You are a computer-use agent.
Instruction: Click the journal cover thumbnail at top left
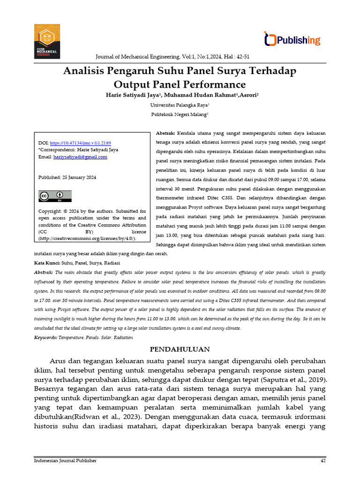46,41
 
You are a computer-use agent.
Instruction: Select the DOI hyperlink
80,142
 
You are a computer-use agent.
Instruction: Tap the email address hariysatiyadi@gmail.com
80,157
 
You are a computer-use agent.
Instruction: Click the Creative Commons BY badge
55,196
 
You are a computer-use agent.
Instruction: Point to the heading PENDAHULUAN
180,349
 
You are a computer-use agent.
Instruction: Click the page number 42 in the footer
322,460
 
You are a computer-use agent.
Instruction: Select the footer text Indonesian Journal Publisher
66,460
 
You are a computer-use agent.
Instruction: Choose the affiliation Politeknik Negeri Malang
179,114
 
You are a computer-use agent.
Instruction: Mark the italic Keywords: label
46,337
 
